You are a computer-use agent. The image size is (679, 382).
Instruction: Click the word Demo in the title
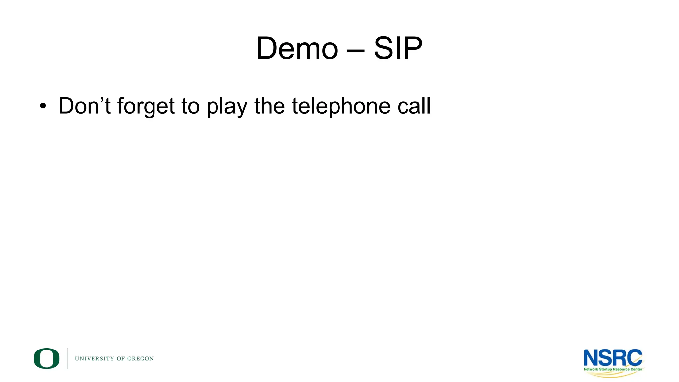pos(297,49)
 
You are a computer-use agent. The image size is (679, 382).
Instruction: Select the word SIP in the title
pos(398,49)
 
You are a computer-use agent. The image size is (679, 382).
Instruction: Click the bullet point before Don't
pos(43,106)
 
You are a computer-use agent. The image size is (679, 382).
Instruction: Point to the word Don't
pos(84,106)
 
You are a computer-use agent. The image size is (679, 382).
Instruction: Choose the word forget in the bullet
pos(146,107)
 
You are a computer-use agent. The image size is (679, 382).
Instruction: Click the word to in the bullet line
pos(190,106)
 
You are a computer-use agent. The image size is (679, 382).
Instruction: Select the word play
pos(227,107)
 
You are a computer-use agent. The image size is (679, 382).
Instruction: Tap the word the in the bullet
pos(269,106)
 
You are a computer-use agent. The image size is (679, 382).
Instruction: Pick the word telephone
pos(341,107)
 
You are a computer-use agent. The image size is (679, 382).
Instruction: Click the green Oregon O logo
pos(46,358)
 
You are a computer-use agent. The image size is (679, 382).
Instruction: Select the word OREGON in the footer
pos(140,359)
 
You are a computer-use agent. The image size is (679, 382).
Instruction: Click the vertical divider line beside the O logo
pos(68,358)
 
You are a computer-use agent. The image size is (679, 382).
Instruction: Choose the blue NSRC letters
pos(613,358)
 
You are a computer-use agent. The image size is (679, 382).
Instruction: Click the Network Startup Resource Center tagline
pos(613,369)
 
